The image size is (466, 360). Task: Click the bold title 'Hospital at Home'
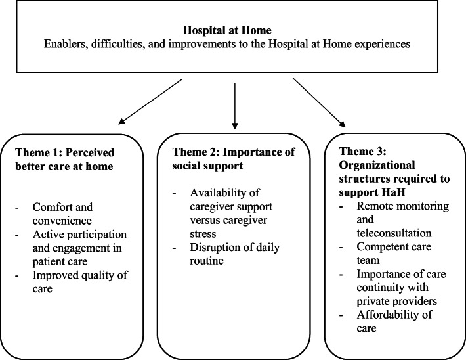(233, 30)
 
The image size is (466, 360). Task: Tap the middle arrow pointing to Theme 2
(234, 102)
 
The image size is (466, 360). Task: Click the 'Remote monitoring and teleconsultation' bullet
(394, 219)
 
